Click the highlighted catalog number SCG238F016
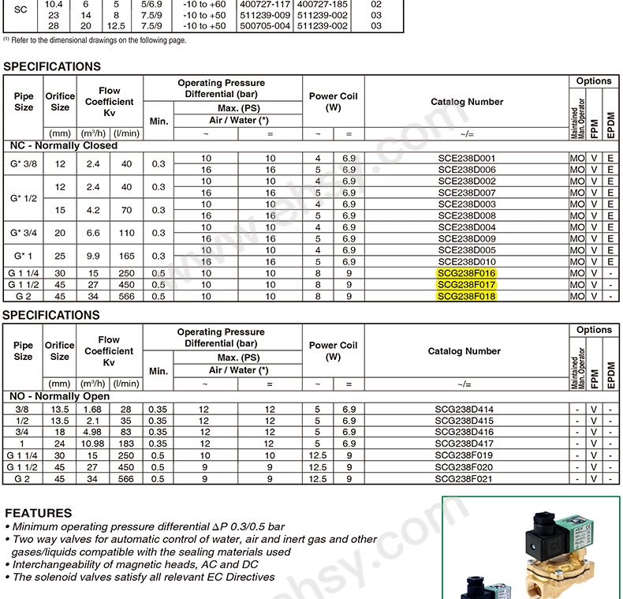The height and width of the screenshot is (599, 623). (x=466, y=273)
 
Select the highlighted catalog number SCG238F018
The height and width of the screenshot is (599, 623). (x=466, y=297)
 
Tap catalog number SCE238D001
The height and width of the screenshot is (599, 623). (x=466, y=159)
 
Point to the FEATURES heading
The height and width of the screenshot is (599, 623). (x=39, y=513)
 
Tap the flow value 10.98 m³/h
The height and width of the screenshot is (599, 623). (x=93, y=444)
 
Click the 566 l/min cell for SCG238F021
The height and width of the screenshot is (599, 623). (x=126, y=478)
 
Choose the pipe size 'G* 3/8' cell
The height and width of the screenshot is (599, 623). (x=24, y=164)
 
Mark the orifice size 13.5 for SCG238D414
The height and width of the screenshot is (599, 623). (x=60, y=410)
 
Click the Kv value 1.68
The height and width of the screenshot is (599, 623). (x=93, y=410)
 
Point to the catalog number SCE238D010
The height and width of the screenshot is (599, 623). (x=466, y=262)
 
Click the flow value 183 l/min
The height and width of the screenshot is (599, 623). (x=126, y=444)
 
